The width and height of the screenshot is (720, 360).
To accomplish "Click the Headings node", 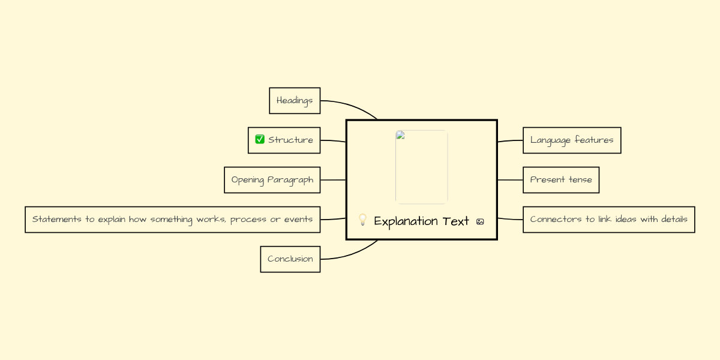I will pos(295,101).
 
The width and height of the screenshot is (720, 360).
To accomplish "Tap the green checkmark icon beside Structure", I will pos(260,140).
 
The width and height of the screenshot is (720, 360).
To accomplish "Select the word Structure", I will pos(290,140).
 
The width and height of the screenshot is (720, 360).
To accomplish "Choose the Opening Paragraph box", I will pos(272,180).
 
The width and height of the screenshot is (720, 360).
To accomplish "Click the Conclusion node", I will pos(290,259).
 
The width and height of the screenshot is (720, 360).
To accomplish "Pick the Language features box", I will pos(572,140).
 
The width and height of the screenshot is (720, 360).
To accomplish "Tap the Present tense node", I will pos(561,180).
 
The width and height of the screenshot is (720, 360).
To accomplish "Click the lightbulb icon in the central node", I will pos(362,220).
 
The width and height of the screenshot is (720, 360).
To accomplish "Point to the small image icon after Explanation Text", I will pos(480,221).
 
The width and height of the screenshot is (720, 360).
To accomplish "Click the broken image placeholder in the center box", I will pos(421,167).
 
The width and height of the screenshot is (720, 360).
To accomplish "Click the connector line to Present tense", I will pos(510,180).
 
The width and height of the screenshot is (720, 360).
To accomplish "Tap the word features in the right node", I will pos(594,140).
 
